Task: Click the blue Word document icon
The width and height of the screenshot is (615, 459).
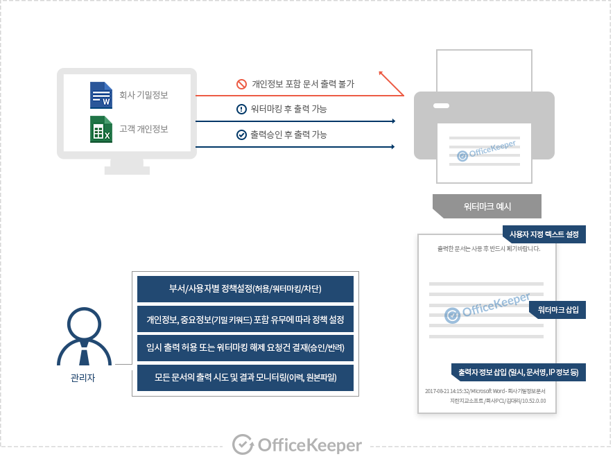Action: pos(101,95)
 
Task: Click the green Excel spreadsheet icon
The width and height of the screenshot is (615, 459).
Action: pos(101,129)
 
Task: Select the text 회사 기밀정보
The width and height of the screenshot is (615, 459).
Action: pos(144,95)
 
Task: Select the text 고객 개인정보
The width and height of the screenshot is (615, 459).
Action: pos(144,129)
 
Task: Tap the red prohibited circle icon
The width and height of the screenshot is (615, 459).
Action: pos(241,84)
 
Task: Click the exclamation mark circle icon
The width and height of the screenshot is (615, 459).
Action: pos(241,109)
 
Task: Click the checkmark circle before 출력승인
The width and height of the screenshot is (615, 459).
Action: pos(241,135)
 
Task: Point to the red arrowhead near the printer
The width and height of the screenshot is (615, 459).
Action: pos(382,73)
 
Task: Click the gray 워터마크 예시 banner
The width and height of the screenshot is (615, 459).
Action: pos(487,206)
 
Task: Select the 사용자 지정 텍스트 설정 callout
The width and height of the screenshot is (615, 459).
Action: pos(544,234)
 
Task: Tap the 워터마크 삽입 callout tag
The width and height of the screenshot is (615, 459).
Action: pos(557,309)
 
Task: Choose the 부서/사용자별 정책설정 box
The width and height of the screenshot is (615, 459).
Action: pos(245,288)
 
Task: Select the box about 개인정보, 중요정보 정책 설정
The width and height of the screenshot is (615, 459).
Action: pos(245,319)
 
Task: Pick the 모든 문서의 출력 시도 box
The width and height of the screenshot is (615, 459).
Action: pos(245,378)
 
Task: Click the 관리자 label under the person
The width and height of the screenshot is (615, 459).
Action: pos(83,379)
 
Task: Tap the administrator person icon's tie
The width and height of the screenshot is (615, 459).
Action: pos(83,356)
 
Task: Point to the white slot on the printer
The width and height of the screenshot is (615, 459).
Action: pos(441,106)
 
